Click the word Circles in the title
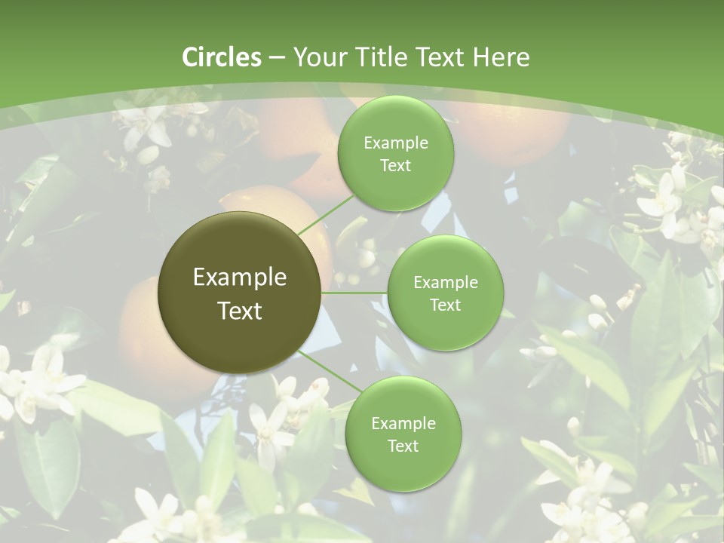tap(221, 57)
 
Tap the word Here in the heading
tap(501, 57)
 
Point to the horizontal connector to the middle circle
tap(354, 293)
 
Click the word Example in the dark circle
tap(240, 278)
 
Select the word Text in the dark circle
tap(240, 311)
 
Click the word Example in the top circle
tap(395, 143)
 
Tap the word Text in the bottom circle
tap(403, 446)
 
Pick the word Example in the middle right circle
tap(446, 283)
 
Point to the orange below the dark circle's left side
tap(147, 339)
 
